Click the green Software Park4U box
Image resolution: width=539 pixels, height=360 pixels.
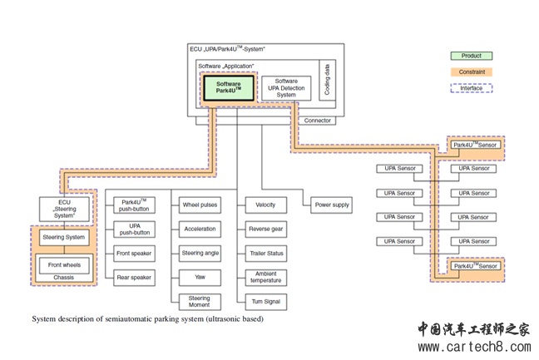click(x=229, y=88)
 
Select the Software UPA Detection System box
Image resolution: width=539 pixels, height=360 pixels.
click(x=286, y=88)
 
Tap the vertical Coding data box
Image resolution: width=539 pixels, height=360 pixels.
click(x=327, y=81)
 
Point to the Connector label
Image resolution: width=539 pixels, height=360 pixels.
click(x=317, y=121)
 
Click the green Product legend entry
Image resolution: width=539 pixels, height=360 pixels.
click(x=472, y=56)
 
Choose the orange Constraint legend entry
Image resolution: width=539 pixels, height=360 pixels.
click(x=472, y=72)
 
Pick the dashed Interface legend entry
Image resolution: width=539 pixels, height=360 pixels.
click(x=472, y=88)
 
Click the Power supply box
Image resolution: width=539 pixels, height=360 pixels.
click(x=332, y=205)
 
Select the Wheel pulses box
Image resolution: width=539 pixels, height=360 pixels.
click(x=200, y=205)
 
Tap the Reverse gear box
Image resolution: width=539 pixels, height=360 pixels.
click(x=265, y=229)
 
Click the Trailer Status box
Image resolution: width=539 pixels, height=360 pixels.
click(x=266, y=254)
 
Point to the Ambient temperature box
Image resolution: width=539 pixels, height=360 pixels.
click(x=266, y=277)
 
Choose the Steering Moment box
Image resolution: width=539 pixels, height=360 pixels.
click(x=200, y=302)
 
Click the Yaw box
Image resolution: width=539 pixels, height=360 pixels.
click(x=200, y=277)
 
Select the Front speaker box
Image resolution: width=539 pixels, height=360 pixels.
click(x=134, y=254)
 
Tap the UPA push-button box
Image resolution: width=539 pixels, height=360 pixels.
click(x=134, y=229)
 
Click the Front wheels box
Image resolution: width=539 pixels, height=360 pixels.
click(x=64, y=265)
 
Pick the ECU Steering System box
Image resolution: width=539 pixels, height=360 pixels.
click(x=64, y=209)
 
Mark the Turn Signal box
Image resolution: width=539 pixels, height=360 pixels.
click(x=266, y=302)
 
